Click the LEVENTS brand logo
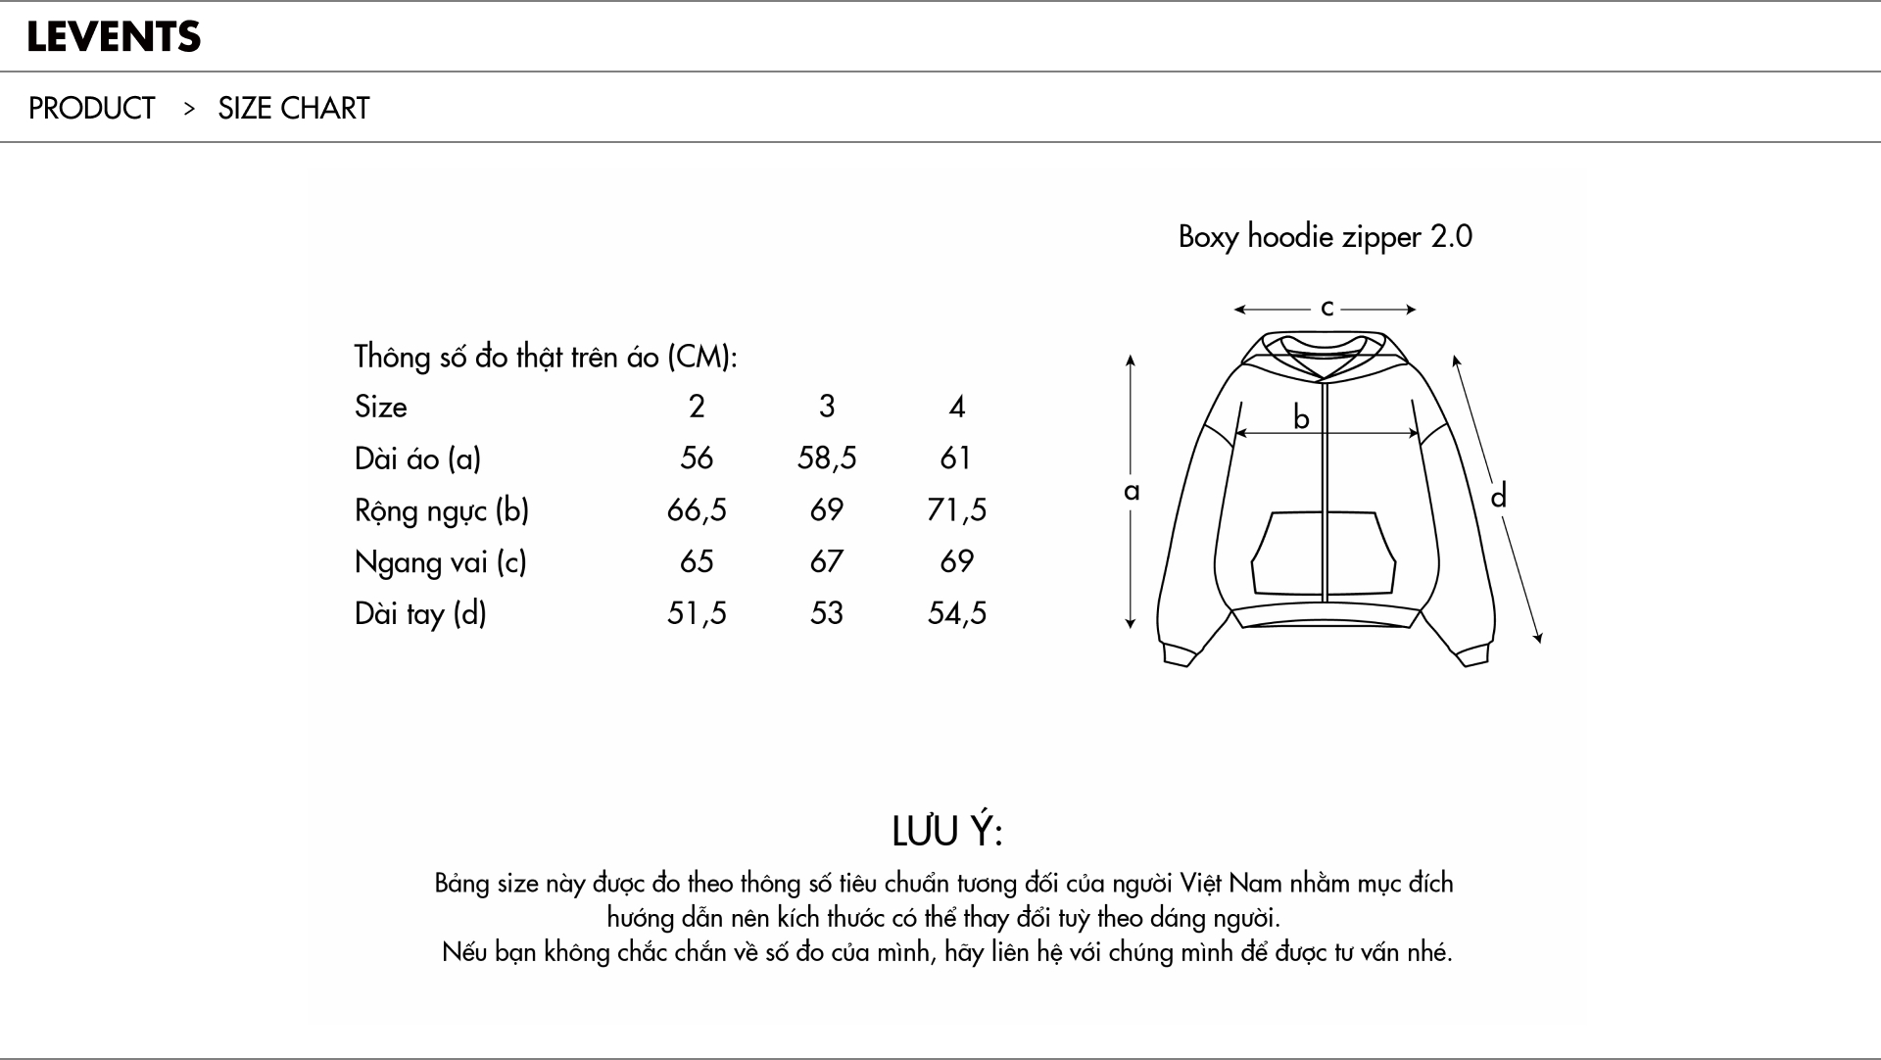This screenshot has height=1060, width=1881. click(x=114, y=37)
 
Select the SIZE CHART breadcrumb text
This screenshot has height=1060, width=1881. click(x=294, y=108)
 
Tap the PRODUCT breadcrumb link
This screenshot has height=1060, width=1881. click(x=91, y=108)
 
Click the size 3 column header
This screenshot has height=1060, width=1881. click(x=827, y=406)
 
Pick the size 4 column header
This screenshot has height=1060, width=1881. click(x=957, y=406)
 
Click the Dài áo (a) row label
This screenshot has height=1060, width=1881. click(x=417, y=458)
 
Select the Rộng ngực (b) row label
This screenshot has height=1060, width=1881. click(x=442, y=510)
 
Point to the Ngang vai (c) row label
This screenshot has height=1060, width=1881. click(x=441, y=562)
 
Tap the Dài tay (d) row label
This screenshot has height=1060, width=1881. click(x=420, y=613)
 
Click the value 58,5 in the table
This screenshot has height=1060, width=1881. click(x=827, y=458)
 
